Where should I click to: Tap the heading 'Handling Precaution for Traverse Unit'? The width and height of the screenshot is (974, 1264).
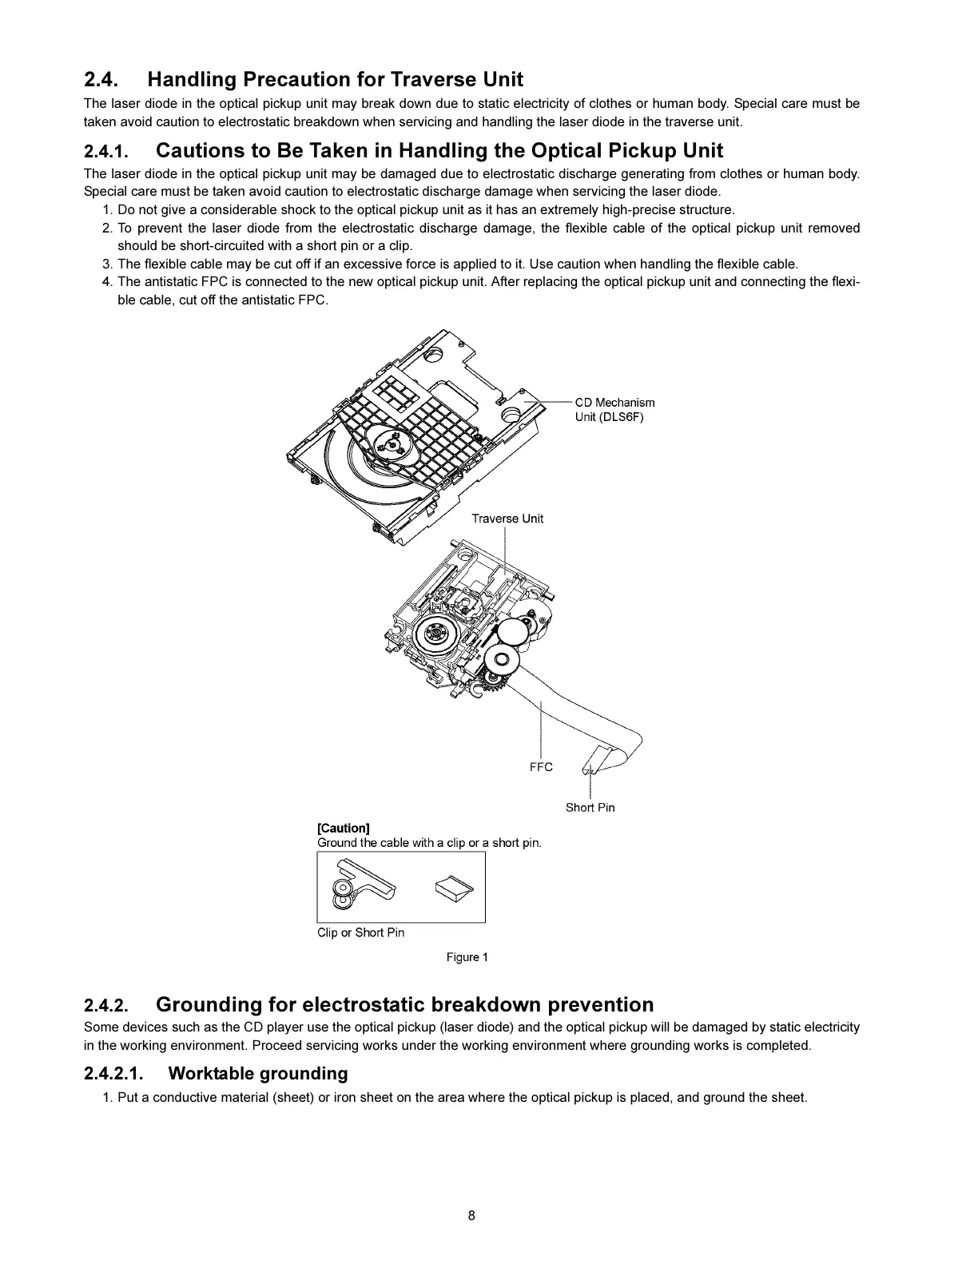(335, 80)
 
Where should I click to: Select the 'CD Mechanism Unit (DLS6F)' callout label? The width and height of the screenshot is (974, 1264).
(614, 410)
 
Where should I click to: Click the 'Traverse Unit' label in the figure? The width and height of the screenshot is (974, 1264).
(507, 519)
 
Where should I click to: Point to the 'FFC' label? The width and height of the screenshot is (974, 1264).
(541, 767)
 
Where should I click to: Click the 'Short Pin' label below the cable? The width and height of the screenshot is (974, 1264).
(590, 807)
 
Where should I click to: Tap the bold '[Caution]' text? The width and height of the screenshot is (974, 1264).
(344, 828)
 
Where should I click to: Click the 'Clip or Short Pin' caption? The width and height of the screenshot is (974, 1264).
(360, 932)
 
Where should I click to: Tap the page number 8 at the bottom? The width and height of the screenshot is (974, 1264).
(471, 1216)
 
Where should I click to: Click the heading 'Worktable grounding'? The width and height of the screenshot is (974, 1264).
(258, 1073)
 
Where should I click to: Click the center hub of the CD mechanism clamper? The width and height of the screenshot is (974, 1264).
(391, 444)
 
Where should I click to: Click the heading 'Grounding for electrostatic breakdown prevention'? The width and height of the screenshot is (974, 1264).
(404, 1004)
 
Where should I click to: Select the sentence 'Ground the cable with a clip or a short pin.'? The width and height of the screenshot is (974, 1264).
(429, 843)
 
